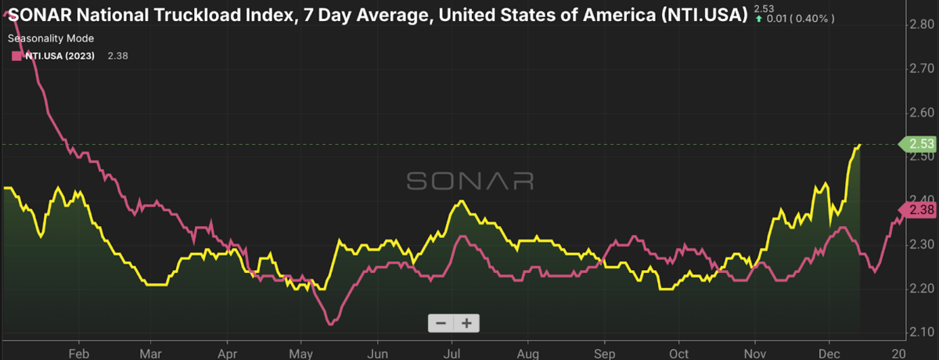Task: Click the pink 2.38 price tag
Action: pos(916,210)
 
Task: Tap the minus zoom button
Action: pos(441,322)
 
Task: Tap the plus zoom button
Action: pos(467,322)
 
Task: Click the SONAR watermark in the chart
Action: pos(469,182)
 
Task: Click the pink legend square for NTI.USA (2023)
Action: pos(15,56)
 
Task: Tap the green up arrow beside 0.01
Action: pos(757,20)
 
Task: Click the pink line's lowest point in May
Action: pos(330,322)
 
